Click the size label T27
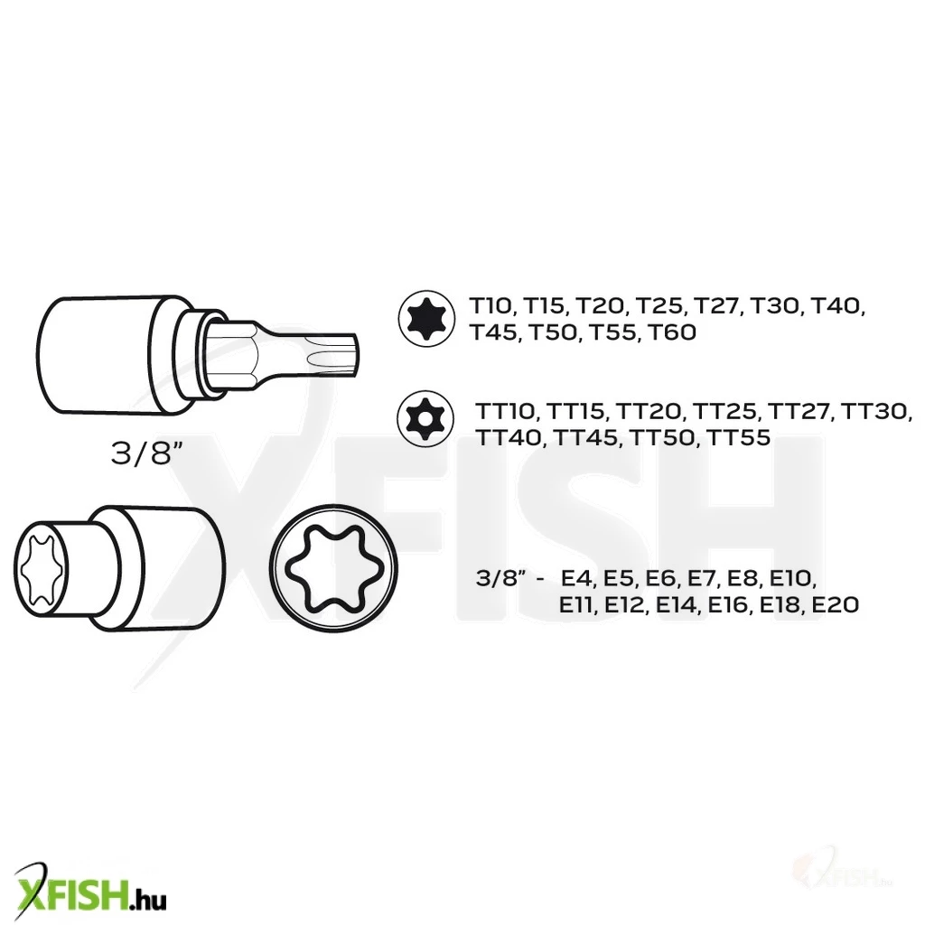(x=715, y=306)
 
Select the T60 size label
(x=672, y=332)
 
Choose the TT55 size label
(x=738, y=437)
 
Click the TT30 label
(x=874, y=411)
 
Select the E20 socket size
(x=835, y=604)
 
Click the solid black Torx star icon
(x=426, y=319)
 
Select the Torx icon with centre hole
(x=425, y=418)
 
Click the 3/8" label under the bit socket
(x=147, y=453)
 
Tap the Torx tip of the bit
(x=334, y=354)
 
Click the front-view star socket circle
(x=334, y=568)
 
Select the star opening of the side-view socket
(x=41, y=567)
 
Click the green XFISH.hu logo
(x=89, y=891)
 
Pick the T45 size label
(x=493, y=332)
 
